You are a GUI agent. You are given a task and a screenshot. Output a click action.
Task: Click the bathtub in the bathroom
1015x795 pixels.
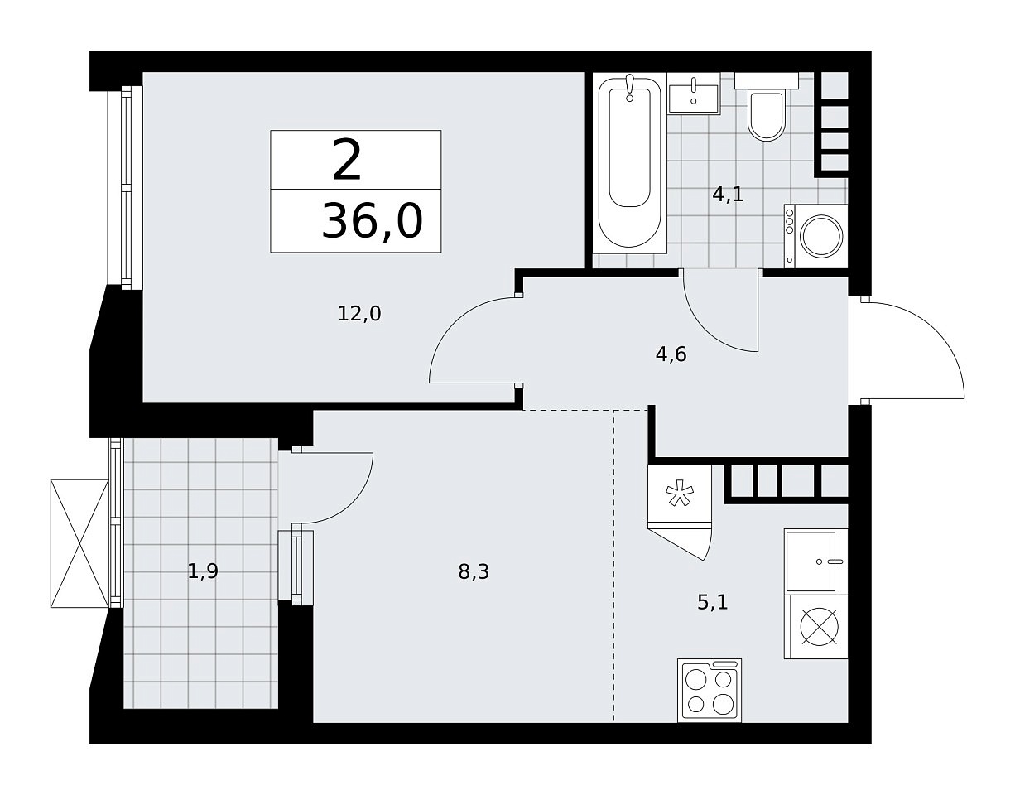pyautogui.click(x=630, y=163)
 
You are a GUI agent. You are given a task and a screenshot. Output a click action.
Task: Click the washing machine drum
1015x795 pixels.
pyautogui.click(x=821, y=236)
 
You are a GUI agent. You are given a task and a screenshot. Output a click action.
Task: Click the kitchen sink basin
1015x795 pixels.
pyautogui.click(x=811, y=561)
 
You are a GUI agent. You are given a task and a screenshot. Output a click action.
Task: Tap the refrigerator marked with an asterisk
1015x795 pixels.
pyautogui.click(x=680, y=495)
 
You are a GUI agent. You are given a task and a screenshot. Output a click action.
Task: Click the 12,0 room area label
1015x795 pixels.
pyautogui.click(x=359, y=313)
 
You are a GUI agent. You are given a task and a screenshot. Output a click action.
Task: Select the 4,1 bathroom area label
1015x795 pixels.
pyautogui.click(x=728, y=194)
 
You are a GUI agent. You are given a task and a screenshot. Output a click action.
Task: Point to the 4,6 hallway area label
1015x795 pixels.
pyautogui.click(x=671, y=354)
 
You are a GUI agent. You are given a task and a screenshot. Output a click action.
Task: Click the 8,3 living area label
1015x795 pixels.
pyautogui.click(x=474, y=571)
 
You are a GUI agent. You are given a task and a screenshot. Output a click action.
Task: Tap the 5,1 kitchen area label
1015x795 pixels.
pyautogui.click(x=713, y=602)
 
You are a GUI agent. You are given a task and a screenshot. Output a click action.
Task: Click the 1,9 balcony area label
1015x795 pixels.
pyautogui.click(x=203, y=571)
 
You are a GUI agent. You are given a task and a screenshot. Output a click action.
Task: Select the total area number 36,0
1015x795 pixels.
pyautogui.click(x=373, y=221)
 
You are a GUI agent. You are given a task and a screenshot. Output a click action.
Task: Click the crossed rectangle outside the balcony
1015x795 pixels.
pyautogui.click(x=79, y=543)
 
